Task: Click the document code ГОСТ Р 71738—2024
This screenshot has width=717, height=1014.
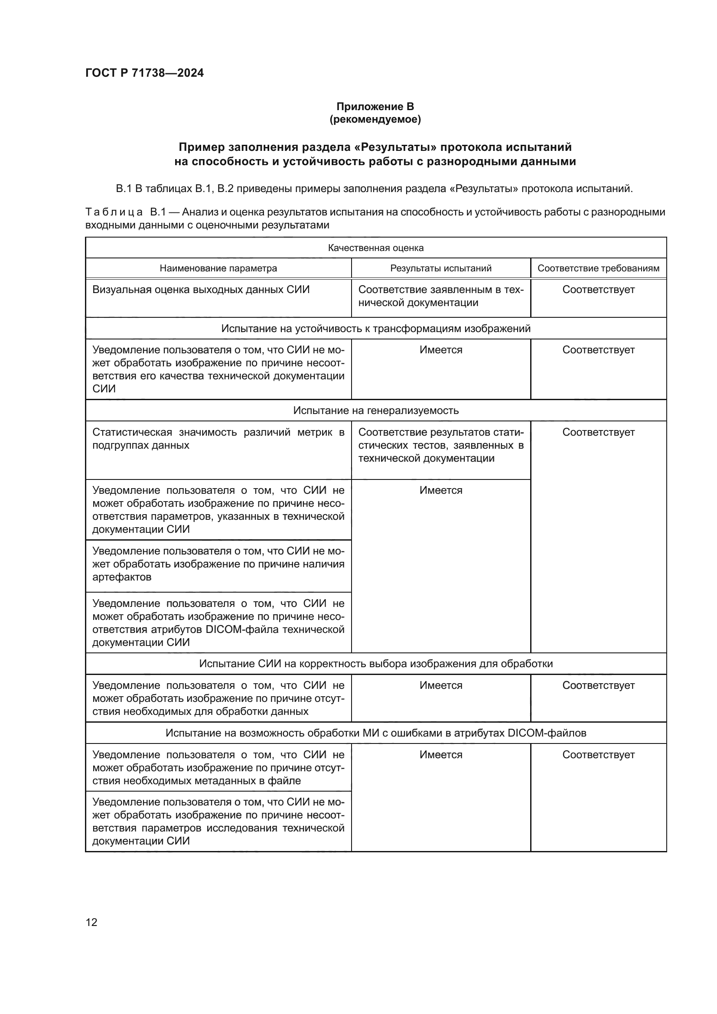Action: click(144, 73)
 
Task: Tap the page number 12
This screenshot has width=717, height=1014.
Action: click(91, 922)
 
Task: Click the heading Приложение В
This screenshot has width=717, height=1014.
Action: click(375, 107)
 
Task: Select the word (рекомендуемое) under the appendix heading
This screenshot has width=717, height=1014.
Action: click(375, 119)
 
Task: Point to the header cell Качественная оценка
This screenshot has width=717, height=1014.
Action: click(375, 248)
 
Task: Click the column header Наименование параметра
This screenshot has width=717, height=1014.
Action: click(218, 268)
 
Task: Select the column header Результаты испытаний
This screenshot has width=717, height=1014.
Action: click(440, 268)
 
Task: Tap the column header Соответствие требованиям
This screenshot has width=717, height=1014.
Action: click(598, 268)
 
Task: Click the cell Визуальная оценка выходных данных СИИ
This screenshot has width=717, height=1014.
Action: click(201, 290)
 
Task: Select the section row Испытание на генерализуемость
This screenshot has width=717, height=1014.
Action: click(375, 410)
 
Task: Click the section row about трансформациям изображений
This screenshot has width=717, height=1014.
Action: click(375, 329)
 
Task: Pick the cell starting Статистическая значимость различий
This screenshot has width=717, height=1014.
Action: click(218, 439)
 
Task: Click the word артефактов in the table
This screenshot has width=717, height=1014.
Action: click(121, 577)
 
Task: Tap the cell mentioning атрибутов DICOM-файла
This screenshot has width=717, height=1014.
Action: click(218, 623)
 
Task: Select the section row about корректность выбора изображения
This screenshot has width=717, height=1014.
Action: click(375, 664)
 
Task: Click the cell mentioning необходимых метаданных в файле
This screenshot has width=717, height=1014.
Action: click(218, 768)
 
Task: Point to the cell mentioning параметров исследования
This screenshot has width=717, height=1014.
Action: click(218, 822)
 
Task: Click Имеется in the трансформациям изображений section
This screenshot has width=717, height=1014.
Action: click(440, 350)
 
